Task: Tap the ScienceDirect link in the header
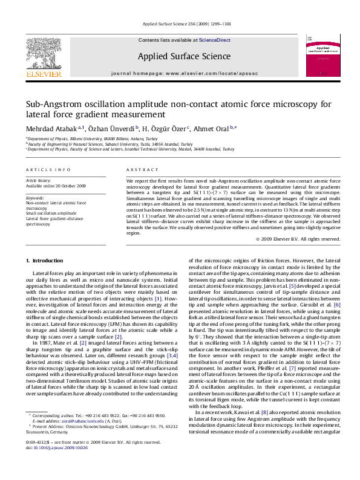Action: pyautogui.click(x=215, y=40)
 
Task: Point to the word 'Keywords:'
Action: pyautogui.click(x=34, y=198)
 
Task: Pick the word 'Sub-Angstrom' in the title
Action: pyautogui.click(x=40, y=105)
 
